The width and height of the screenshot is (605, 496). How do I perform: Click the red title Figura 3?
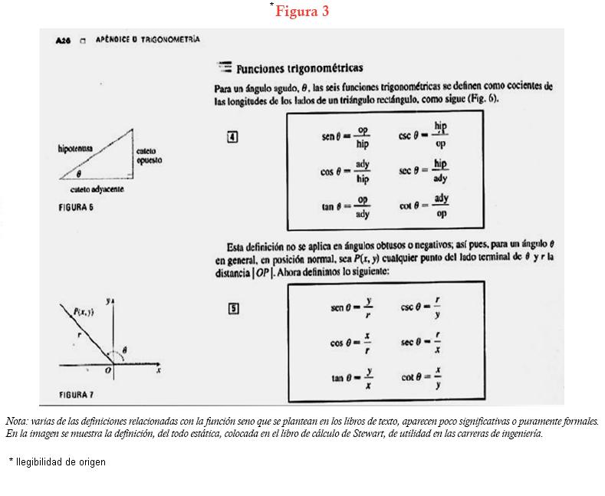click(x=302, y=11)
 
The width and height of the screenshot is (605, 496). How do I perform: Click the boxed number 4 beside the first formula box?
click(x=232, y=137)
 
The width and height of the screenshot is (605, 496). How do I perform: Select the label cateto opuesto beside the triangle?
click(x=149, y=156)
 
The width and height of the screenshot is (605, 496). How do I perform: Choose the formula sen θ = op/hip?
click(x=346, y=137)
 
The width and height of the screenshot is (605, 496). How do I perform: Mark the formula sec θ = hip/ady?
click(x=423, y=172)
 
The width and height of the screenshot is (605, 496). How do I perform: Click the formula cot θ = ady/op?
click(x=423, y=206)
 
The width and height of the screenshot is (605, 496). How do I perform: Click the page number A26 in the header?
click(x=64, y=41)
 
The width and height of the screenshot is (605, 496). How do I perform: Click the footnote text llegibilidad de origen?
click(x=61, y=462)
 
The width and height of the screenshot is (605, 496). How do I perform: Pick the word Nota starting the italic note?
click(x=15, y=422)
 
